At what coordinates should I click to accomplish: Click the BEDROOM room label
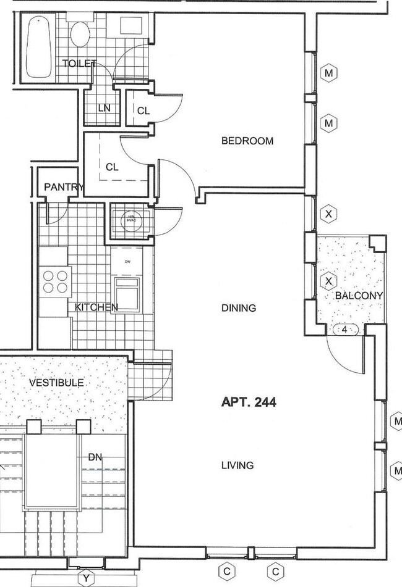coord(247,141)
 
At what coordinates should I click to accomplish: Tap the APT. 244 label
coord(249,402)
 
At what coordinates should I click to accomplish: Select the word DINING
coord(238,308)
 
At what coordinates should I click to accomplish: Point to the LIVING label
coord(237,465)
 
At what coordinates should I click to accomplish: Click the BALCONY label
coord(359,296)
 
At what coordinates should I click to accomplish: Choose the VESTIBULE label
coord(56,383)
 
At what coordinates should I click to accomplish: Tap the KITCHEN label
coord(96,307)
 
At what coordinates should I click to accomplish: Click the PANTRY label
coord(64,187)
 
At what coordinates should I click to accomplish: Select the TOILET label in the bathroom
coord(79,63)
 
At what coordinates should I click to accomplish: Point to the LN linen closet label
coord(104,108)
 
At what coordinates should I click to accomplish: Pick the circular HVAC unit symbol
coord(131,220)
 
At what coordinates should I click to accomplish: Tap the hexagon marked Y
coord(86,578)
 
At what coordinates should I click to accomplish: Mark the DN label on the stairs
coord(95,457)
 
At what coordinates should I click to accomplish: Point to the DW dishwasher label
coord(127,261)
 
